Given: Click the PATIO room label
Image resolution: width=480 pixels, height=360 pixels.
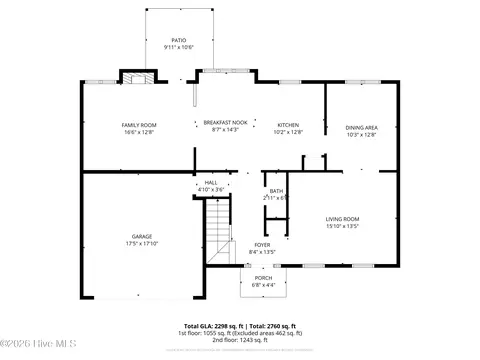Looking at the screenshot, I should [x=178, y=41].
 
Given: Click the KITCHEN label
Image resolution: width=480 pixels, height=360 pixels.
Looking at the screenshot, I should [x=288, y=124].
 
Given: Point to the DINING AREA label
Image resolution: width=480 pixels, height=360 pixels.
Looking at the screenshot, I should [x=361, y=127].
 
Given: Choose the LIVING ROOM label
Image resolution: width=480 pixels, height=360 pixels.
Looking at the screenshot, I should [x=343, y=219].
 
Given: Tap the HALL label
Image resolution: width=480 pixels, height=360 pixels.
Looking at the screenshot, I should [x=211, y=183].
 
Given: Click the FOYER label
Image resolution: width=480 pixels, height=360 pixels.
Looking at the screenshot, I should [x=261, y=245].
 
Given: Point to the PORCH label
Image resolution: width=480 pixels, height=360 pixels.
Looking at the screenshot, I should [x=263, y=277].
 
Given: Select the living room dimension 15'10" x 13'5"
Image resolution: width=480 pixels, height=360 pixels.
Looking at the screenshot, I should [x=343, y=226].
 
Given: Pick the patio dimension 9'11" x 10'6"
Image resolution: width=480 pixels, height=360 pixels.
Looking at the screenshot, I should [x=178, y=48].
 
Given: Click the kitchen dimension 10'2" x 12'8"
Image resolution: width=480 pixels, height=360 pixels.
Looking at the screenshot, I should [x=288, y=131].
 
